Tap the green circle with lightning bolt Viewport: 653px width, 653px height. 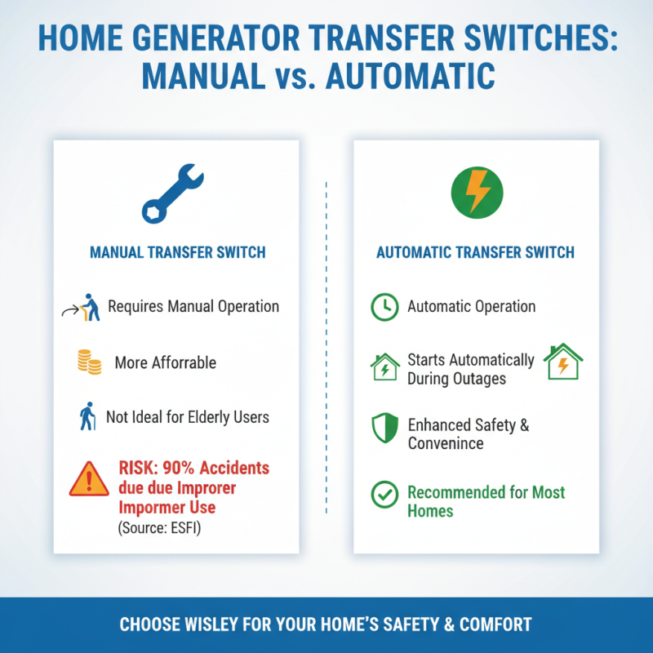tap(478, 192)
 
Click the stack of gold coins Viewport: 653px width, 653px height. tap(89, 362)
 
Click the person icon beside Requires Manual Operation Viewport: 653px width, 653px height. tap(91, 308)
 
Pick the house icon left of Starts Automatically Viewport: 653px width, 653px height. tap(384, 366)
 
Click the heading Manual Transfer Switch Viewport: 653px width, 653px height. tap(176, 252)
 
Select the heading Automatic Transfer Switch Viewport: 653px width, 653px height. tap(475, 252)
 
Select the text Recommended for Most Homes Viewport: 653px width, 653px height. tap(486, 502)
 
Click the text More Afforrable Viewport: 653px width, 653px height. tap(166, 362)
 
